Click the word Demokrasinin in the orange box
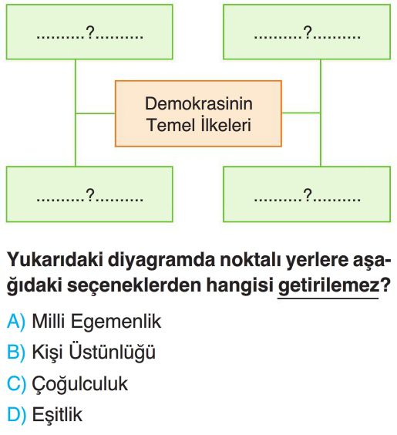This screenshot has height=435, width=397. [x=199, y=104]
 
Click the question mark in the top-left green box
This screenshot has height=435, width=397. [x=90, y=32]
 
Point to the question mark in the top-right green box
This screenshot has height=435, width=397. [x=308, y=32]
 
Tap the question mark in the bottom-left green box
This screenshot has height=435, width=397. [x=90, y=194]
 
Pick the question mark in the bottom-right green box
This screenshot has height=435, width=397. [x=308, y=194]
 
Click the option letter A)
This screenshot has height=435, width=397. [x=15, y=322]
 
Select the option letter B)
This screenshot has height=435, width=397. [x=15, y=352]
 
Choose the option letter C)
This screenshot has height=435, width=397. [x=16, y=384]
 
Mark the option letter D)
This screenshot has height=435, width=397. [x=16, y=415]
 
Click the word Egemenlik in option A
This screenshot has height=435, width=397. [x=116, y=322]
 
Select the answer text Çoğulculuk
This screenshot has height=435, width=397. [x=80, y=385]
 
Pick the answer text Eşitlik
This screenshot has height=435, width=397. [x=57, y=415]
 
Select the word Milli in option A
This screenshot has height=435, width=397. [x=49, y=322]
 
